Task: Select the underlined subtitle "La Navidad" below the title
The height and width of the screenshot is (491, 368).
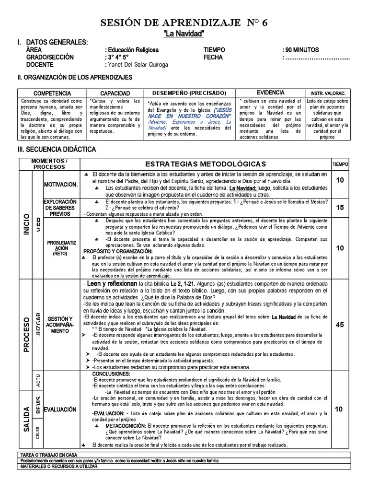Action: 184,34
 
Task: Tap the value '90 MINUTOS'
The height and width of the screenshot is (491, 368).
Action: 300,50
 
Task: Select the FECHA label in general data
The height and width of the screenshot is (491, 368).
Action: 214,57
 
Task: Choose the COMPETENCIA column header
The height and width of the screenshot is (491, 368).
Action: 53,93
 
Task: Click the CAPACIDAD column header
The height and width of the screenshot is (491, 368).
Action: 115,93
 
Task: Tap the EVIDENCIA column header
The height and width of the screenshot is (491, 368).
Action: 270,93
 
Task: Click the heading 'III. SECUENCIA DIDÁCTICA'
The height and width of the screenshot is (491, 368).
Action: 57,150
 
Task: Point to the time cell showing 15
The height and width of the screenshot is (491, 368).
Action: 340,208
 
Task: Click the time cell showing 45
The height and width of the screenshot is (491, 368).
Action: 340,325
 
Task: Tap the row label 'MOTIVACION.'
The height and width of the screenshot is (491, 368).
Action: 61,184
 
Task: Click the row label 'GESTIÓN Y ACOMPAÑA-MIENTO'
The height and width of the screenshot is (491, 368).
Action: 61,325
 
